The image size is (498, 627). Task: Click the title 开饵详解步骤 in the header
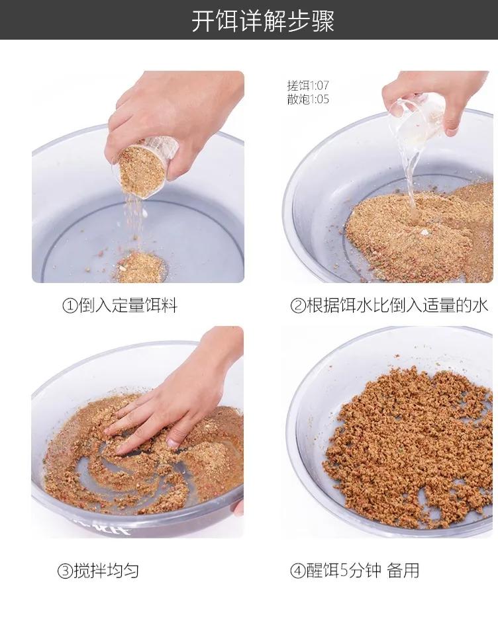pos(263,21)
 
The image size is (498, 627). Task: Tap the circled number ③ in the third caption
pos(64,571)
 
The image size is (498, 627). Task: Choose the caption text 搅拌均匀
pos(106,570)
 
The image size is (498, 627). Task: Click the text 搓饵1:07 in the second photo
pos(307,86)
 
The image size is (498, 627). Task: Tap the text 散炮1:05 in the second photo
pos(307,100)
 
